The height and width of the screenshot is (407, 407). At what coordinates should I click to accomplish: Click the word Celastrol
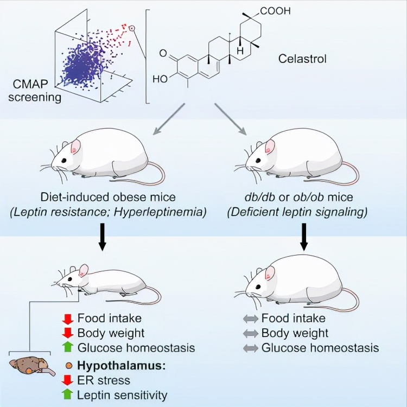[x=302, y=59]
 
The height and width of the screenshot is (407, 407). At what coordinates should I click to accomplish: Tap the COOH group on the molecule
[x=275, y=11]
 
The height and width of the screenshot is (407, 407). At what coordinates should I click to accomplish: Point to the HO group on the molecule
[x=160, y=79]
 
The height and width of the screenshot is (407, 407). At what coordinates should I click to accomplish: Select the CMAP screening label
[x=35, y=91]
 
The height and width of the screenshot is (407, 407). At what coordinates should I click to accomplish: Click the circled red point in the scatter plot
[x=132, y=28]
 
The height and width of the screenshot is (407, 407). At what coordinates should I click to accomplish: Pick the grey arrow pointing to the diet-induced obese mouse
[x=169, y=119]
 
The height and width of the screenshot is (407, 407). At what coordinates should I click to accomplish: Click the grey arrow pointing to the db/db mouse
[x=231, y=119]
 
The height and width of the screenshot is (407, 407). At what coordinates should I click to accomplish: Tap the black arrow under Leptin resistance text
[x=103, y=237]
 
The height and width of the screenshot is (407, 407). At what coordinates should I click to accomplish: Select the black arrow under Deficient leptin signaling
[x=304, y=237]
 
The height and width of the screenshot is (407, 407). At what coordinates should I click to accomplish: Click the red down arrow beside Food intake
[x=68, y=319]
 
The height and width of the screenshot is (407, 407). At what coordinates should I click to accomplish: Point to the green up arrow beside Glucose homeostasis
[x=68, y=347]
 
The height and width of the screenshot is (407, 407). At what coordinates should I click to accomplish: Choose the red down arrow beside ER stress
[x=68, y=380]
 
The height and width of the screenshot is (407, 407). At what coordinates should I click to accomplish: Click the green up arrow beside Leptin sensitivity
[x=68, y=395]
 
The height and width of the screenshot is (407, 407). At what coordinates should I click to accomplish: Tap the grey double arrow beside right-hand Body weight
[x=251, y=333]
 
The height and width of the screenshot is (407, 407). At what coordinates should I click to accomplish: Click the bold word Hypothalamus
[x=122, y=366]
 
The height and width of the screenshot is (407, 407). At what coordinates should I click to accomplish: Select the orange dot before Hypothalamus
[x=69, y=366]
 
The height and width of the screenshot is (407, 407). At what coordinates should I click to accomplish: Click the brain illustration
[x=31, y=366]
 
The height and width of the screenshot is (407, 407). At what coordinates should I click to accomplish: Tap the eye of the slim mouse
[x=70, y=279]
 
